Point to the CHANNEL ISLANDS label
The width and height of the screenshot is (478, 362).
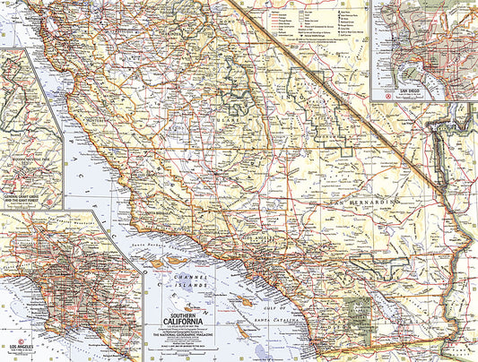pos(190,283)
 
